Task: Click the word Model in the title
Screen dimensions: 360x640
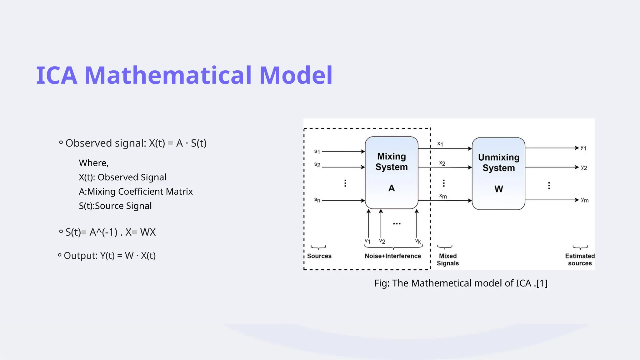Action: pos(296,75)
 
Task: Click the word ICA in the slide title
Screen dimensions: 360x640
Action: pos(57,75)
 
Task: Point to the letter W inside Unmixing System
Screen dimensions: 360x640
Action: pos(499,189)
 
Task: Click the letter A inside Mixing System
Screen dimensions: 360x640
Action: pos(392,188)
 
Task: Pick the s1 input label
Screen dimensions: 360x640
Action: pos(317,152)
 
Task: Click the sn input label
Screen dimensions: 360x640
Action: pos(317,200)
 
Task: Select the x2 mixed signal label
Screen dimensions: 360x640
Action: pos(442,163)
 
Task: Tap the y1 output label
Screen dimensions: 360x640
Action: pos(583,148)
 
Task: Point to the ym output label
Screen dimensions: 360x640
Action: pos(584,200)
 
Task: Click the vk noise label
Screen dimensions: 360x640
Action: pos(418,241)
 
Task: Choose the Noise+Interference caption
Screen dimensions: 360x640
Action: pos(393,256)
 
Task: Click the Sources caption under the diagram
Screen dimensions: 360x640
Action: pos(319,256)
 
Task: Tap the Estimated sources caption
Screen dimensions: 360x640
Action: pos(580,259)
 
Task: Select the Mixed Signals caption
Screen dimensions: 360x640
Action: pos(447,259)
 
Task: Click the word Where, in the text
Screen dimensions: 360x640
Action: pos(93,163)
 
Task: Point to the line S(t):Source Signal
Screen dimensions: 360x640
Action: pos(115,206)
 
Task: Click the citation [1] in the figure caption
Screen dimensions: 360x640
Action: pos(542,283)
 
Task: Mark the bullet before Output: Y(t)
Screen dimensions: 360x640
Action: pos(60,255)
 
